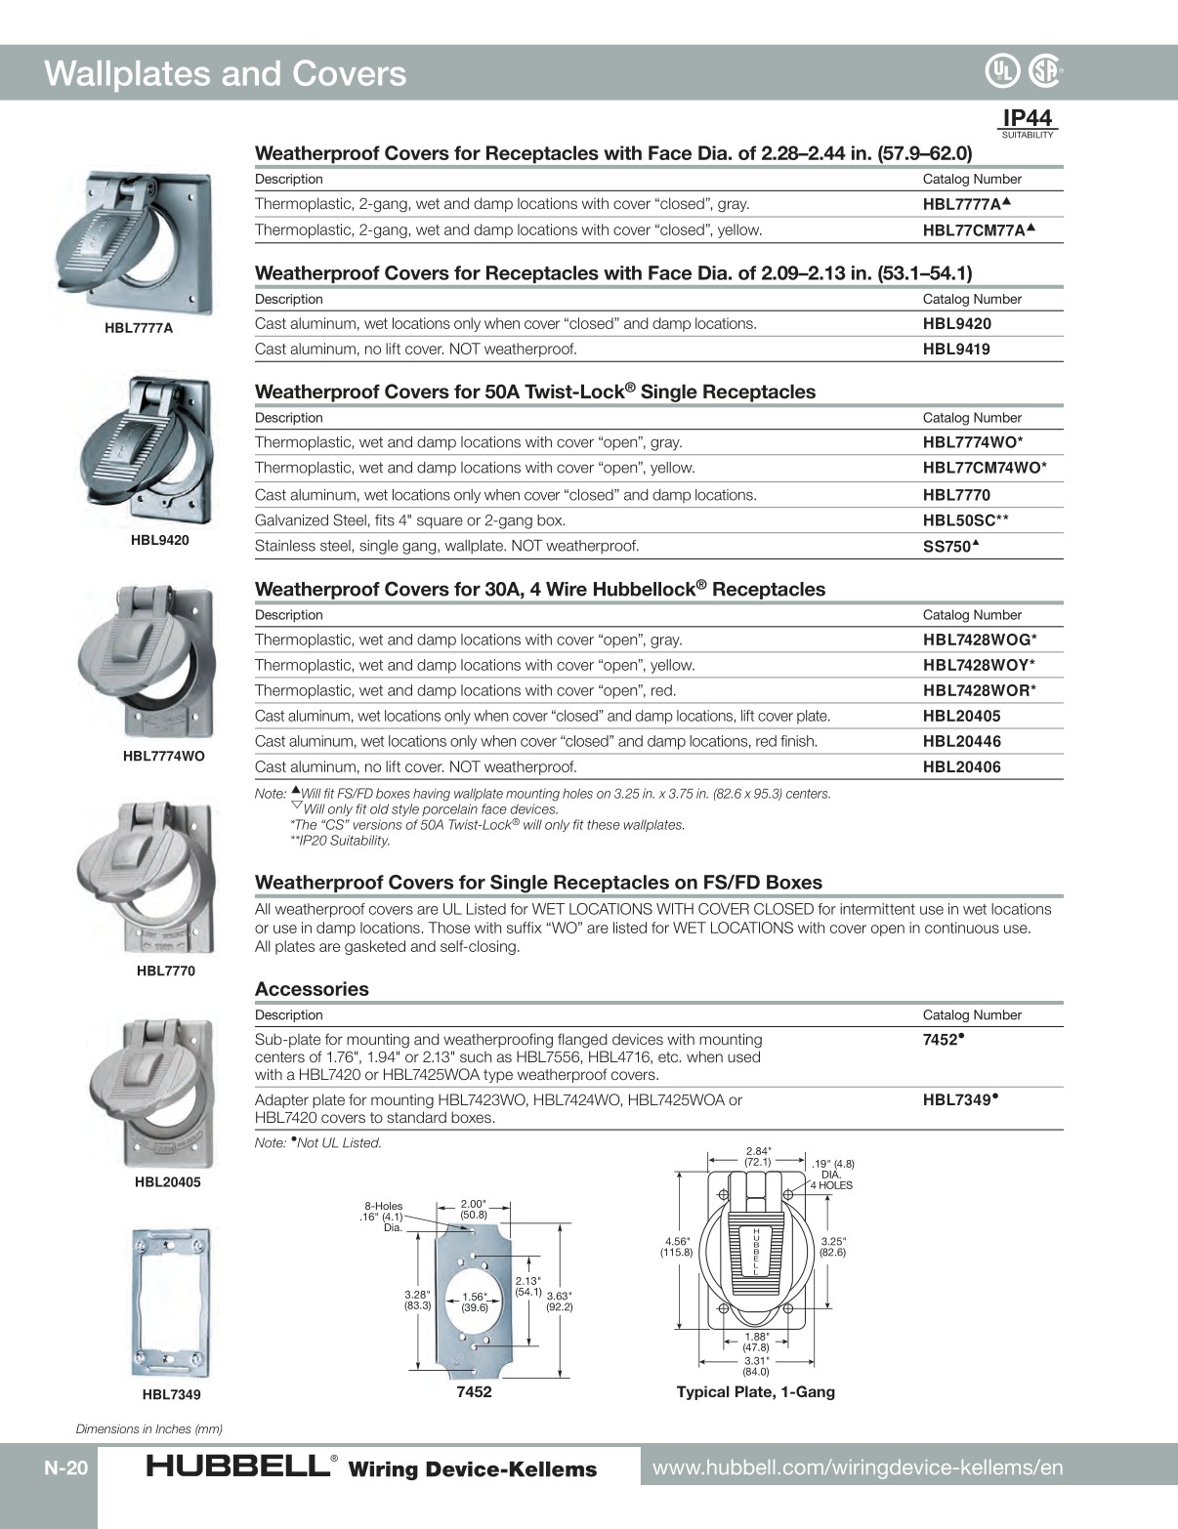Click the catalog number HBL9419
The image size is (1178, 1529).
956,350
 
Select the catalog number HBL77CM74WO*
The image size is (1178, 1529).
985,468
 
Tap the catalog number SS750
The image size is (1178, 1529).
950,547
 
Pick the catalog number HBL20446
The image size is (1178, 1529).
961,741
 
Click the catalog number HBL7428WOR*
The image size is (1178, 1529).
979,690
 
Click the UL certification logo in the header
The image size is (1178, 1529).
1001,70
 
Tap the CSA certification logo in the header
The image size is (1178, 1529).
1043,70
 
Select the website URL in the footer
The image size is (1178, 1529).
857,1467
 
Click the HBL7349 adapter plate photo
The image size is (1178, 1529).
171,1302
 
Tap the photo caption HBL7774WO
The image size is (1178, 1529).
164,756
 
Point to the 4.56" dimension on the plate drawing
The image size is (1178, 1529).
676,1247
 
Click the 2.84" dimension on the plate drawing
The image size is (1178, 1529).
758,1156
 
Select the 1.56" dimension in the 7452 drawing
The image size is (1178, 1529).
475,1302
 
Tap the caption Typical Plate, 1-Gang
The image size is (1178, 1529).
755,1391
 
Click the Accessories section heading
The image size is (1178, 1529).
312,989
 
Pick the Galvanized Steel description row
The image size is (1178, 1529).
410,520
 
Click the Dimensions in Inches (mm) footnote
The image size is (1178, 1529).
149,1428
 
